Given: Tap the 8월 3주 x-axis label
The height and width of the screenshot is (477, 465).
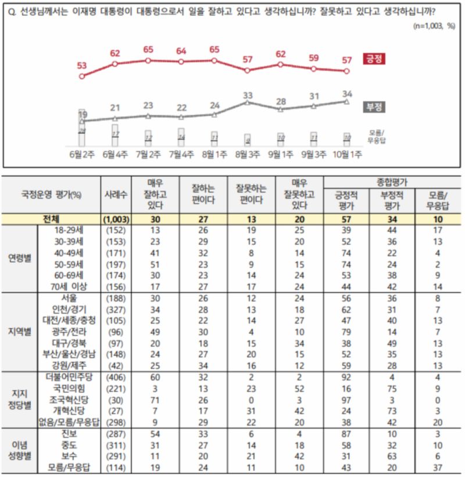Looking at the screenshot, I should [x=248, y=155].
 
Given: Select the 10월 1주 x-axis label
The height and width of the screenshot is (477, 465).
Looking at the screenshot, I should [x=347, y=155].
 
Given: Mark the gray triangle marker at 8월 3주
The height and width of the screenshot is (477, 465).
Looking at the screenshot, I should [x=248, y=102].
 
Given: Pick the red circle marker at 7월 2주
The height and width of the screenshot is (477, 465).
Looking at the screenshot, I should [x=148, y=60].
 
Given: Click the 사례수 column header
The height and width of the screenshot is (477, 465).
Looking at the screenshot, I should [x=115, y=195].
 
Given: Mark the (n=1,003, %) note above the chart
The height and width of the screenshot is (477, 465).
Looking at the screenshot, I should [x=434, y=26].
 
